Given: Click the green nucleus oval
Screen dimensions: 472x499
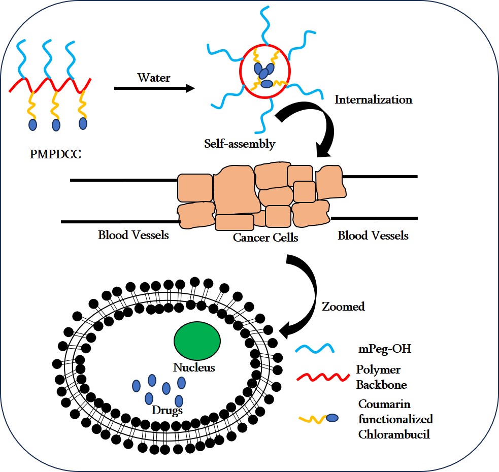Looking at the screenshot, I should [x=197, y=343].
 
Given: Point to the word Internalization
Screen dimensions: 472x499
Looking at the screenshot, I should [x=373, y=99].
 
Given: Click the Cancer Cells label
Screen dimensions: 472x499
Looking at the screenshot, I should [x=265, y=237].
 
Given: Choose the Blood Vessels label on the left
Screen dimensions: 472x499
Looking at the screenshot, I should [x=134, y=235].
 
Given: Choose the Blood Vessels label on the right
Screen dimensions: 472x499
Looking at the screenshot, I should [x=373, y=235].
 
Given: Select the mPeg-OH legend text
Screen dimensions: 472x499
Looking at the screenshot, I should [x=381, y=350].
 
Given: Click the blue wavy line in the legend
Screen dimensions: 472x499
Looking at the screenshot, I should [x=315, y=349].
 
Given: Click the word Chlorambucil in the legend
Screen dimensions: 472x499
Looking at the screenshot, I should [x=394, y=434].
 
